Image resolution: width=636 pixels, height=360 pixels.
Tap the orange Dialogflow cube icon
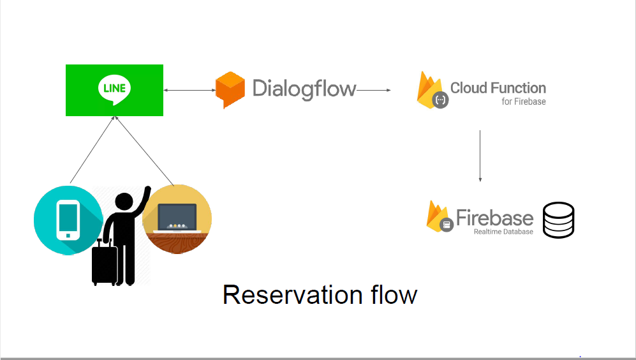[x=230, y=90]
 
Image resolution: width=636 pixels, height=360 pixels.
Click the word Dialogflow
[x=304, y=89]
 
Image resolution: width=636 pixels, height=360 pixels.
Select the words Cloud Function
[x=498, y=87]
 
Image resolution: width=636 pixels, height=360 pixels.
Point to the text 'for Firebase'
[x=524, y=101]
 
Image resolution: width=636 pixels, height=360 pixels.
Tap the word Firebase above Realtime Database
[x=494, y=218]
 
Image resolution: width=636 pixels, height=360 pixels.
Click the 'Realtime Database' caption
[x=503, y=232]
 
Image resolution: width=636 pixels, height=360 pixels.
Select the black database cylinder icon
[x=559, y=220]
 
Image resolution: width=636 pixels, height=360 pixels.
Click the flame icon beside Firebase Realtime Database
[x=440, y=217]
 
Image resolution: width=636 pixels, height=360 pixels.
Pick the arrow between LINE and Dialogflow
[x=189, y=90]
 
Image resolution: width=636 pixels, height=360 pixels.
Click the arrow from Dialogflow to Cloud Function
[x=374, y=90]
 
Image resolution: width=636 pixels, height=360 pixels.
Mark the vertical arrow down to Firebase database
[x=480, y=156]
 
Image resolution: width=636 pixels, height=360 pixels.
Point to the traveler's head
[x=124, y=202]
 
